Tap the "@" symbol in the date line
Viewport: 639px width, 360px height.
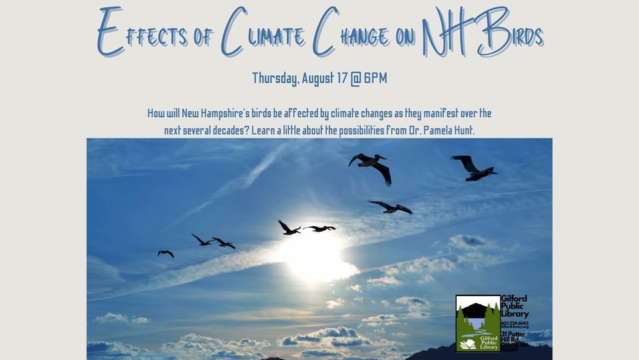click(355, 79)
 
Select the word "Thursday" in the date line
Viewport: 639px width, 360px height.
click(275, 79)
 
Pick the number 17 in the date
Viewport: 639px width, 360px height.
click(341, 79)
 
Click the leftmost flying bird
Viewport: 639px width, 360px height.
click(166, 254)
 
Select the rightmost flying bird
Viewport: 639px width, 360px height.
click(473, 168)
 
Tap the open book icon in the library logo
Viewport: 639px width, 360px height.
click(468, 344)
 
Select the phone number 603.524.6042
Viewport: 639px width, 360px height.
click(515, 323)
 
